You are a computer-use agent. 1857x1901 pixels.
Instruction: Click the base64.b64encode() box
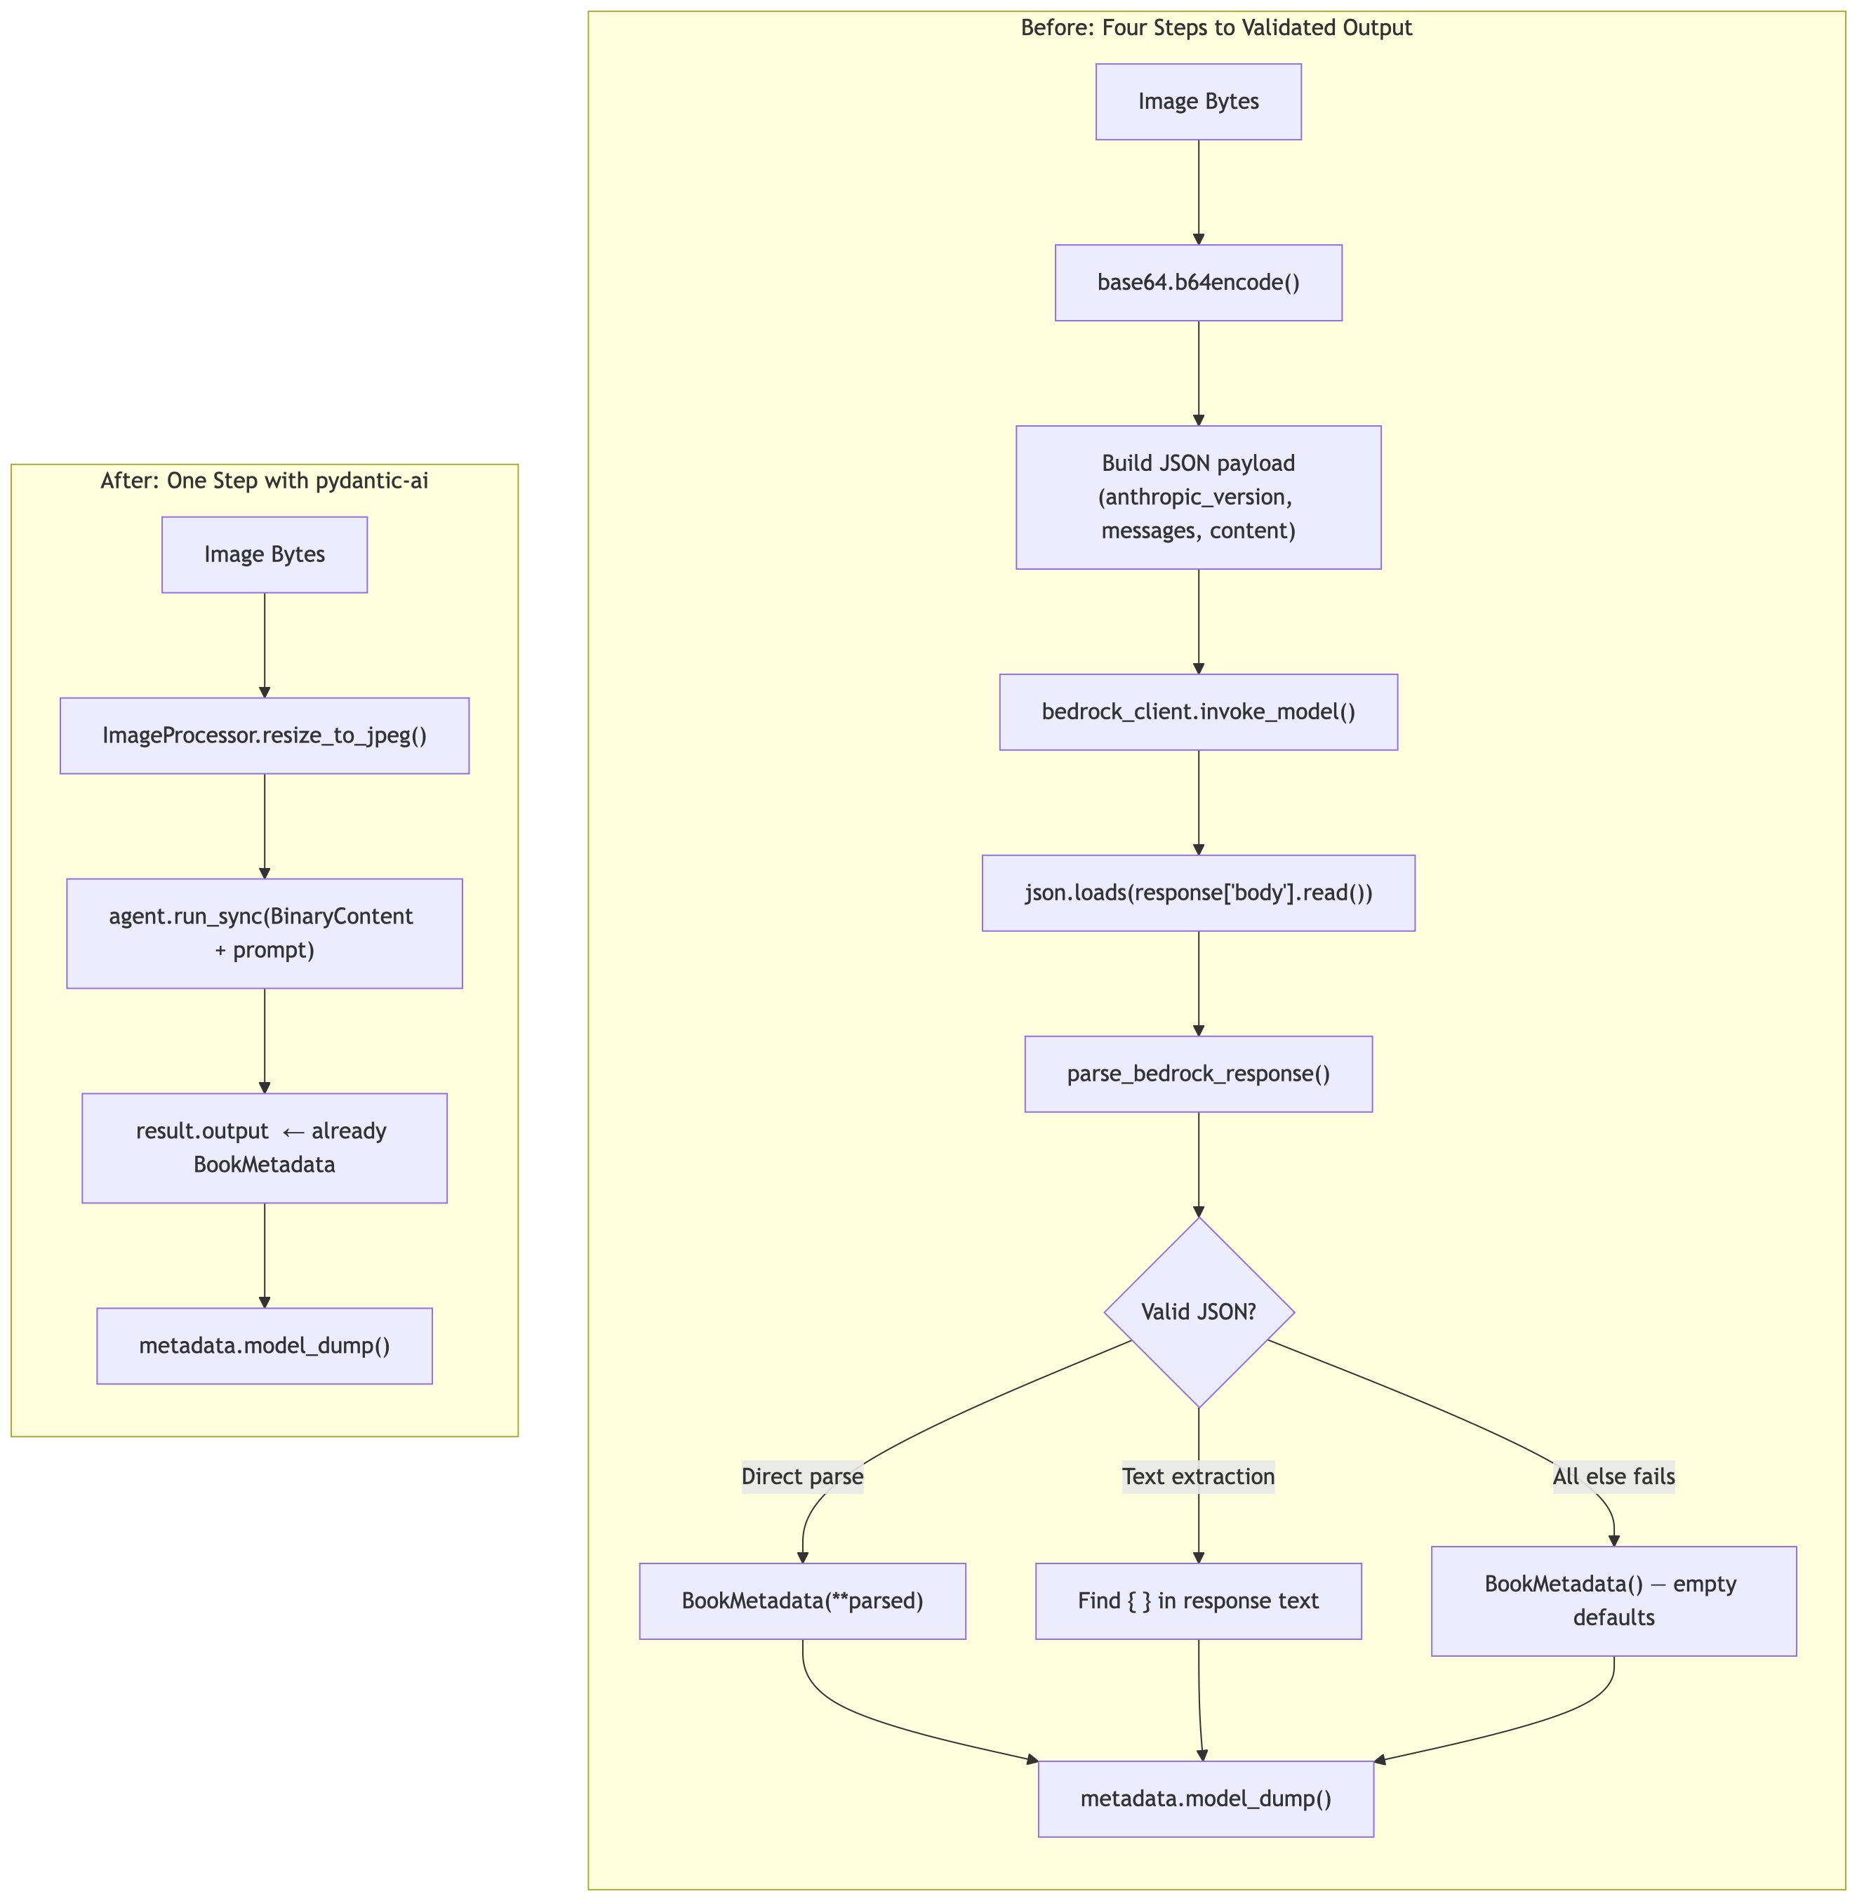tap(1198, 283)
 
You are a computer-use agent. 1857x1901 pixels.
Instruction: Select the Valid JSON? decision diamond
tap(1198, 1312)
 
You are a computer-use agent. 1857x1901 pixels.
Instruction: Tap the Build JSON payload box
tap(1198, 498)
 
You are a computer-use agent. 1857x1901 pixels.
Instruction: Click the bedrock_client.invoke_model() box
tap(1198, 712)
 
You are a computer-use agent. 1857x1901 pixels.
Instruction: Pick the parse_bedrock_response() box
tap(1198, 1074)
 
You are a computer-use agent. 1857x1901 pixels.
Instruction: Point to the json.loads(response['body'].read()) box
tap(1198, 893)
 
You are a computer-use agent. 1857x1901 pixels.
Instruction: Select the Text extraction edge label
tap(1198, 1476)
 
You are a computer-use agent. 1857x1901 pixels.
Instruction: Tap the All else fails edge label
tap(1613, 1476)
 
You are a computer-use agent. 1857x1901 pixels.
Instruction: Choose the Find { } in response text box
tap(1198, 1601)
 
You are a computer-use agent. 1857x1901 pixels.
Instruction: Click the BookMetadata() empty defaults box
tap(1613, 1601)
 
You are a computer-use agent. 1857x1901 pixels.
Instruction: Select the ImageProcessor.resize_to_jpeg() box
tap(265, 735)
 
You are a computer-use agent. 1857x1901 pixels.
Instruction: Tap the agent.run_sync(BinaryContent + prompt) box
tap(265, 933)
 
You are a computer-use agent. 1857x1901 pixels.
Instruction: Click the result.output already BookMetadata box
tap(265, 1148)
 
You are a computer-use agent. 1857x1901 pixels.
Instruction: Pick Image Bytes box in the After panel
tap(265, 555)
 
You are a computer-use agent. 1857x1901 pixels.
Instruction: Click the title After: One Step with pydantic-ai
tap(265, 481)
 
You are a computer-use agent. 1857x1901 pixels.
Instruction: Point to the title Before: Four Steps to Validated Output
tap(1216, 27)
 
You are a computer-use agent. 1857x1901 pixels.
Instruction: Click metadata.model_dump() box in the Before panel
tap(1206, 1799)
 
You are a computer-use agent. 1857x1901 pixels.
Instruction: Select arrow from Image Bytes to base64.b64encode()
tap(1198, 192)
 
